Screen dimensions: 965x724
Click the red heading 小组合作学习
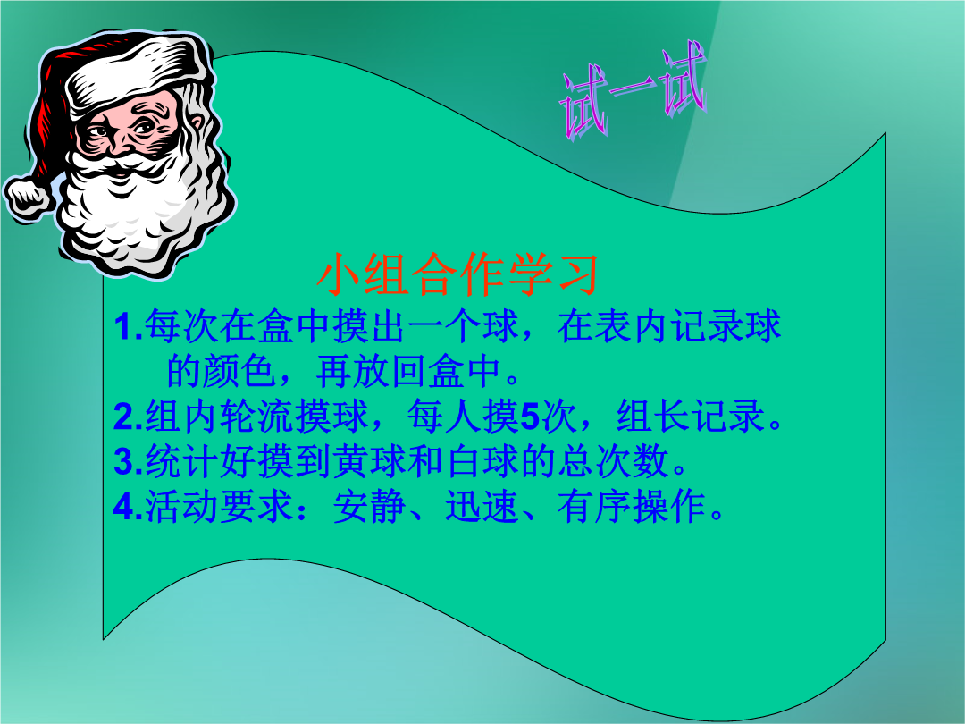coord(457,274)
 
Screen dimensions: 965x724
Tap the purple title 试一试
coord(633,91)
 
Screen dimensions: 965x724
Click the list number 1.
coord(128,327)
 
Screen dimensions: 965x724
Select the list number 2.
coord(128,417)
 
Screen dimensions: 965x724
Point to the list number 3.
coord(128,462)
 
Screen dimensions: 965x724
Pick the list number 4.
coord(128,507)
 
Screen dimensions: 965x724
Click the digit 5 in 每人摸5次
coord(529,417)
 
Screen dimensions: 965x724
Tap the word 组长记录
coord(691,417)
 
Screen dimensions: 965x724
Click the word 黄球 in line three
coord(369,461)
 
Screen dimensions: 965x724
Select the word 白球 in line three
coord(482,461)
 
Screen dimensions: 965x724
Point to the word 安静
coord(369,507)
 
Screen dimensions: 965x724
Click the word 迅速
coord(482,507)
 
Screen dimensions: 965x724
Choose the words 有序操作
coord(632,507)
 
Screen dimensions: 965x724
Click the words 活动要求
coord(218,507)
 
